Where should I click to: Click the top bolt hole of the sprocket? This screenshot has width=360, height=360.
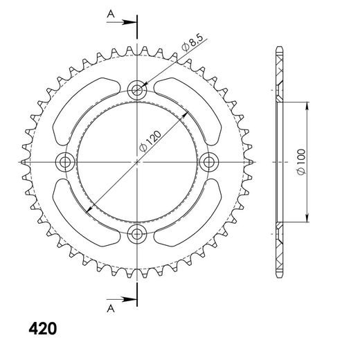pyautogui.click(x=138, y=89)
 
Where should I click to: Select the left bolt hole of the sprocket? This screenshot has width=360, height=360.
pyautogui.click(x=66, y=161)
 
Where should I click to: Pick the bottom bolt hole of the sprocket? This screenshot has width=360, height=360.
pyautogui.click(x=138, y=233)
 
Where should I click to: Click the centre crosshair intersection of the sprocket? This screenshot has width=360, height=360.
pyautogui.click(x=138, y=161)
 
